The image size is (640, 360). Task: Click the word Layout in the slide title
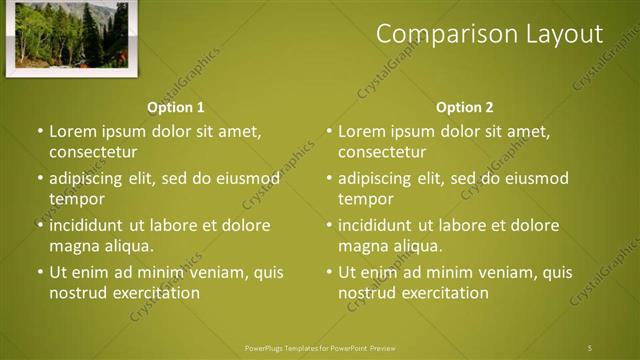click(x=564, y=34)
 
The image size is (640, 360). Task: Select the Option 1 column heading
click(x=176, y=107)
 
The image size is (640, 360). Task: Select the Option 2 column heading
click(x=465, y=107)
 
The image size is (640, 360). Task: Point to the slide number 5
click(x=590, y=348)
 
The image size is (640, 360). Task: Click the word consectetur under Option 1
click(x=92, y=153)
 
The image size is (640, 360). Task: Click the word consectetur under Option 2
click(x=382, y=153)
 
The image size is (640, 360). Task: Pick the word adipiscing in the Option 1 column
click(x=86, y=179)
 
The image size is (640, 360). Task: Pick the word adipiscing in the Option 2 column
click(x=375, y=179)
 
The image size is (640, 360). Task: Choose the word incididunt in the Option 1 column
click(x=86, y=225)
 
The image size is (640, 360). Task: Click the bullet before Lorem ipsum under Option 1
click(x=40, y=132)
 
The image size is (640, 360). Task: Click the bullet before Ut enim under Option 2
click(x=329, y=272)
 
